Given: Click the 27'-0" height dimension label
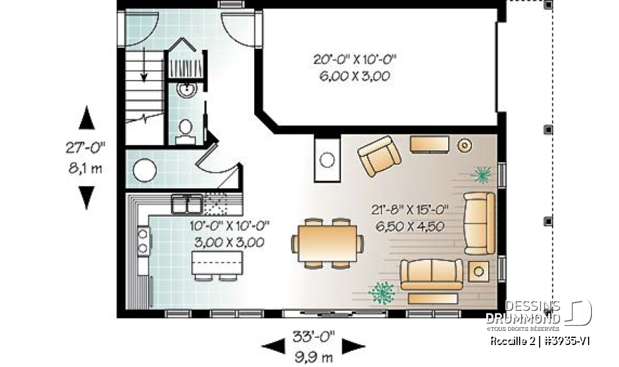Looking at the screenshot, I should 85,148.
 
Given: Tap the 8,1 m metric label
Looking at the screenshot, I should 85,169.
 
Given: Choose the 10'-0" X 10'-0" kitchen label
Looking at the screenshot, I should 230,226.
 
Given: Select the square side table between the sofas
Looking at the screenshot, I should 478,271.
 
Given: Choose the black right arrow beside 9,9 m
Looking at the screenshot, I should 354,346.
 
